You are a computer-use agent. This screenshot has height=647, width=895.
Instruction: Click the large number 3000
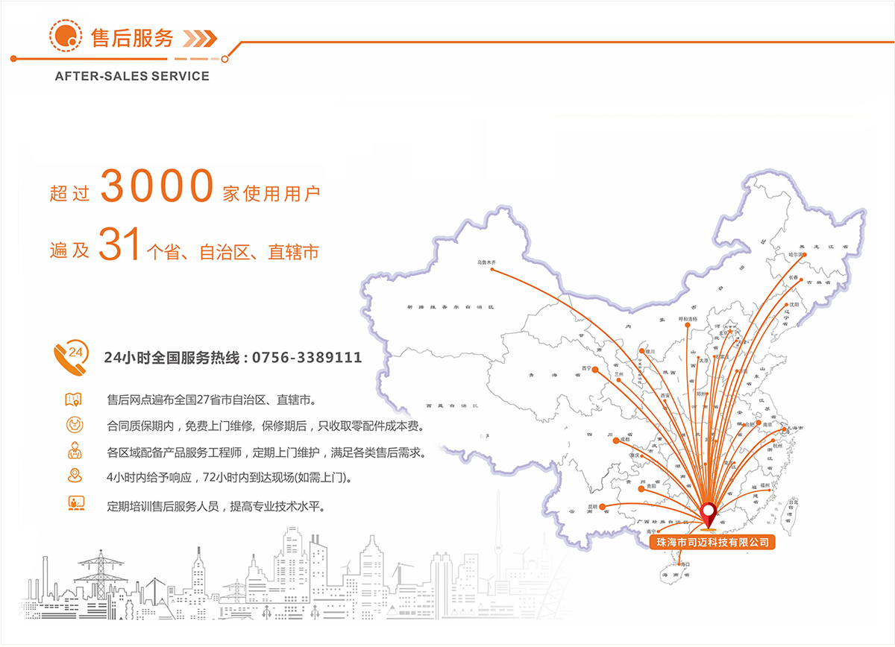(x=157, y=186)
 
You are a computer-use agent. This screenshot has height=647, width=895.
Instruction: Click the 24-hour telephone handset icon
(x=71, y=356)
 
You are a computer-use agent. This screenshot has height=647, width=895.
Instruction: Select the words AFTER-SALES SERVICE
(x=132, y=76)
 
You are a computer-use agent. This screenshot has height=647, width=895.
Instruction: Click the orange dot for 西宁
(x=595, y=368)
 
